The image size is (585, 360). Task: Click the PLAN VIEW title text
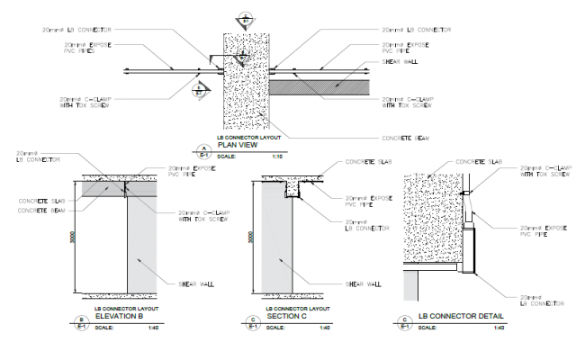(x=238, y=144)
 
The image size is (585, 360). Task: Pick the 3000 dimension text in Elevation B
(x=73, y=241)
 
